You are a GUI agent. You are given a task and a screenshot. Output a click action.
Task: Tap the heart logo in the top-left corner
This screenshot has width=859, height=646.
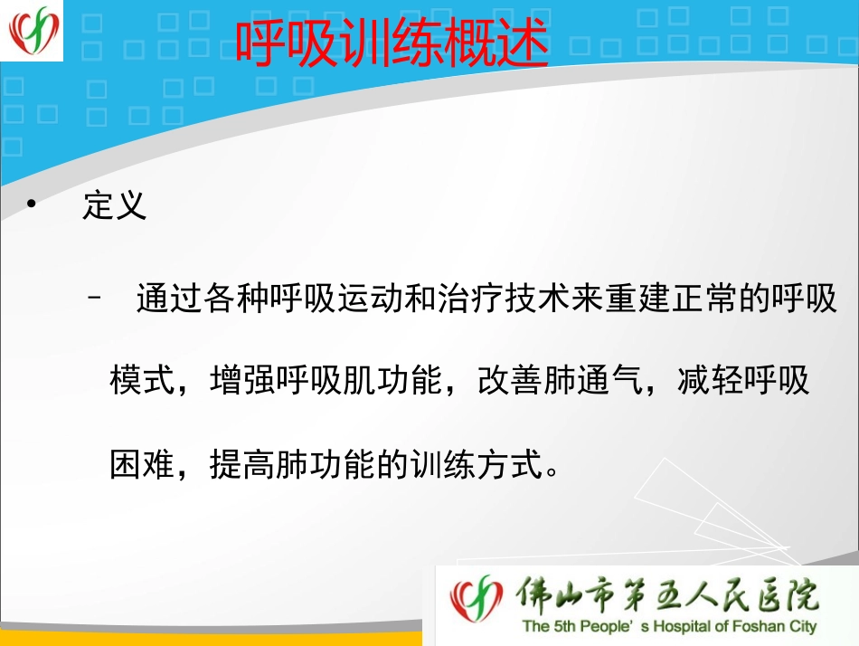[33, 31]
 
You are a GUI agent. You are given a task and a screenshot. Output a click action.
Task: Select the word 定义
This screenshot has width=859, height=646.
[114, 206]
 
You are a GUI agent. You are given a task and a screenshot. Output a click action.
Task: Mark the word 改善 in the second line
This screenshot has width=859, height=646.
[510, 381]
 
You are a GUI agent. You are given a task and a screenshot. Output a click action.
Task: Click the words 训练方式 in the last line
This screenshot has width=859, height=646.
[480, 465]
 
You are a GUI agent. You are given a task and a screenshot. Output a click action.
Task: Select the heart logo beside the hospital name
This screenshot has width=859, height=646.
[477, 600]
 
